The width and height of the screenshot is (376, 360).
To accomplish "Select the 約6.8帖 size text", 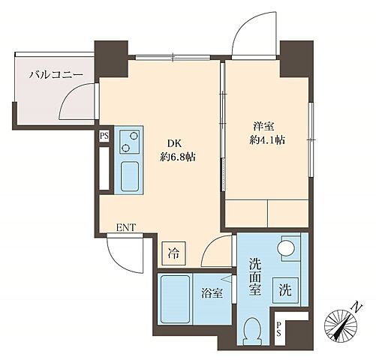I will click(x=177, y=157).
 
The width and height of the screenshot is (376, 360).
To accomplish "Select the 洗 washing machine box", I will click(x=286, y=287).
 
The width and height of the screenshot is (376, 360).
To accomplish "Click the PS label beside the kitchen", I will click(x=104, y=136).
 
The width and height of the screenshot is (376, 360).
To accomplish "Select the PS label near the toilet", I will click(x=279, y=327).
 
